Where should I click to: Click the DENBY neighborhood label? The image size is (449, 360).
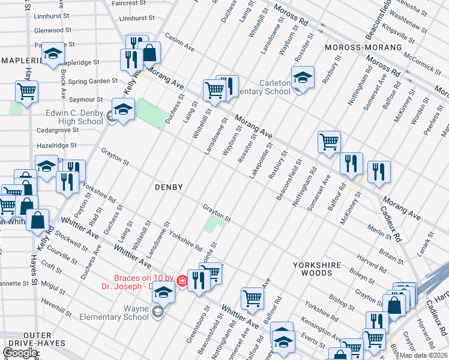pyautogui.click(x=168, y=187)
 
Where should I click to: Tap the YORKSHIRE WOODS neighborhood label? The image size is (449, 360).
pyautogui.click(x=316, y=269)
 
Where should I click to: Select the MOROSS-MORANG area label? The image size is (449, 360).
pyautogui.click(x=363, y=47)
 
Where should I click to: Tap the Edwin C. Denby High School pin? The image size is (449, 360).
pyautogui.click(x=123, y=110)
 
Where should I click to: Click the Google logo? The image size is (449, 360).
pyautogui.click(x=20, y=353)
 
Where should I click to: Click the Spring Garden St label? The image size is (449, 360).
pyautogui.click(x=93, y=81)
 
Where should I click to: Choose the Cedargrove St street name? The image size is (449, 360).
pyautogui.click(x=58, y=129)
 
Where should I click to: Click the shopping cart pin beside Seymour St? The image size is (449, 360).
pyautogui.click(x=26, y=92)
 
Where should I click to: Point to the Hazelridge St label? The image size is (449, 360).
pyautogui.click(x=56, y=145)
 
